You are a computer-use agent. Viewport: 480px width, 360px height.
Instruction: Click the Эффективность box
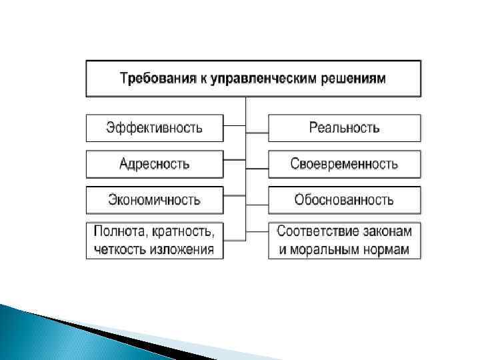click(x=154, y=127)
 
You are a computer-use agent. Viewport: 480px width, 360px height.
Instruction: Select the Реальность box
click(x=344, y=127)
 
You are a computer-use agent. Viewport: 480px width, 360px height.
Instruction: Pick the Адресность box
click(x=154, y=163)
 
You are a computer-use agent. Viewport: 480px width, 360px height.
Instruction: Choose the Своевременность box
click(x=344, y=163)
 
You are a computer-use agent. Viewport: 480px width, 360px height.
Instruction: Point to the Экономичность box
click(x=154, y=199)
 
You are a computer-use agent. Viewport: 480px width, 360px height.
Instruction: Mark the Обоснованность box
click(x=344, y=199)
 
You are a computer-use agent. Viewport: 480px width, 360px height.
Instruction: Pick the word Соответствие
click(x=315, y=232)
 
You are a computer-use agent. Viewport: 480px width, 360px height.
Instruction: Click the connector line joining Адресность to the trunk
click(x=234, y=159)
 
